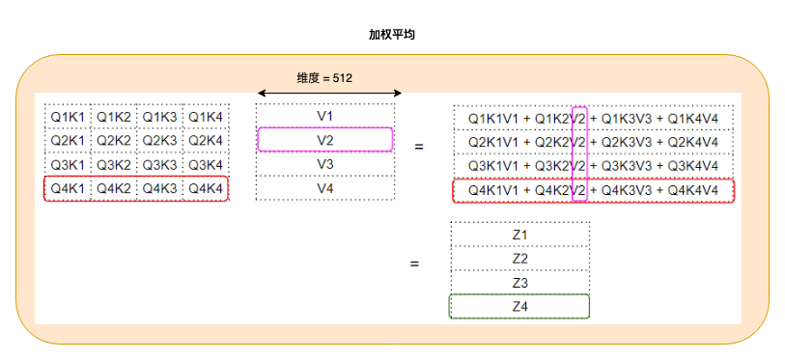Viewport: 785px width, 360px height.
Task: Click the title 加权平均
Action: tap(392, 34)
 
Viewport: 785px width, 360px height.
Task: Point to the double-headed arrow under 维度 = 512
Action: tap(328, 94)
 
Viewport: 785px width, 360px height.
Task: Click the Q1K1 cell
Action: tap(68, 117)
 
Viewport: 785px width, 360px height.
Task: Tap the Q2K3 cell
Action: tap(159, 141)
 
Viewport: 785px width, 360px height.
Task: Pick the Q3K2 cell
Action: tap(114, 165)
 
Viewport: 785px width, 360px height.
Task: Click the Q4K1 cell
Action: tap(68, 189)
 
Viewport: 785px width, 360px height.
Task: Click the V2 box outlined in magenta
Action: tap(325, 140)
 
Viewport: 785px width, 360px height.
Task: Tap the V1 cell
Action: tap(325, 117)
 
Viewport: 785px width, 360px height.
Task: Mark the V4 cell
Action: tap(325, 188)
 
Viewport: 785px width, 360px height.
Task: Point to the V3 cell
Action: tap(325, 164)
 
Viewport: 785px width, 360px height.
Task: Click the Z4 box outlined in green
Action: tap(519, 307)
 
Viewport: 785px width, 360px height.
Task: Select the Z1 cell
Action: tap(519, 235)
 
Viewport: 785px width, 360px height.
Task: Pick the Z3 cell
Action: tap(519, 283)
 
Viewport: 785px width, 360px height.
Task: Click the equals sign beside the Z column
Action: tap(414, 263)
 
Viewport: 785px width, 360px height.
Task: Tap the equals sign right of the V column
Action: tap(419, 148)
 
